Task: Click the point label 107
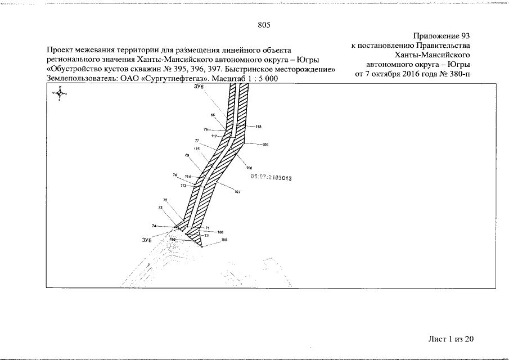tap(238, 192)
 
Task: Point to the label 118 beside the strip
tap(259, 127)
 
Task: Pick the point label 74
tap(154, 226)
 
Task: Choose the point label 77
tap(197, 140)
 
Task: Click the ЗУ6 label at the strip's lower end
tap(147, 240)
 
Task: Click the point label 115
tap(197, 148)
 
